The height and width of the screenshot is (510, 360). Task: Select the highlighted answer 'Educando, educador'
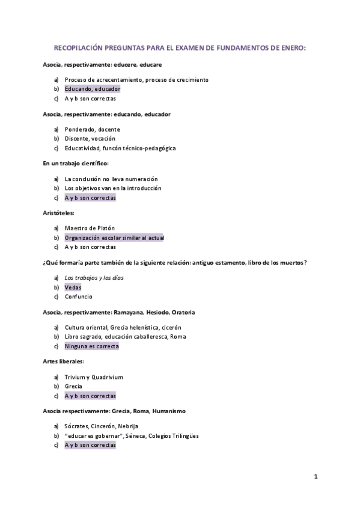93,89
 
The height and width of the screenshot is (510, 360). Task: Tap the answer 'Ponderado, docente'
93,129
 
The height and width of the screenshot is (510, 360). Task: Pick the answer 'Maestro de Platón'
90,228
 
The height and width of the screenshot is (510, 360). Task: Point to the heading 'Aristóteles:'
58,212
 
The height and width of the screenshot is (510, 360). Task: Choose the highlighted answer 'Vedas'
73,287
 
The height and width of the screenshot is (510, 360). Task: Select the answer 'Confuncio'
79,296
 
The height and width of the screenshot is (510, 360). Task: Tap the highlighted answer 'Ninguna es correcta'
92,346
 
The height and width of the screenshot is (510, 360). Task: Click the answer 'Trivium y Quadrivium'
94,377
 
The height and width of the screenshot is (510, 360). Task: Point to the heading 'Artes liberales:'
63,361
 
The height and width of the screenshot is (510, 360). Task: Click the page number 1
316,477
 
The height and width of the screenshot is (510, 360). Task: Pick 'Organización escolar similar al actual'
114,238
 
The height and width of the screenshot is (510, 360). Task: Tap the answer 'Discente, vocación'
90,138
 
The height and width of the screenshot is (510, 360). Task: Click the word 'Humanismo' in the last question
169,411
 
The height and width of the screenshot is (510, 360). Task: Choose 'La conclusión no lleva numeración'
111,179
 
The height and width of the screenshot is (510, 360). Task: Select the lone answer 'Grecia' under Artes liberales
73,386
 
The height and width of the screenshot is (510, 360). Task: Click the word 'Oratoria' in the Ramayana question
183,313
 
